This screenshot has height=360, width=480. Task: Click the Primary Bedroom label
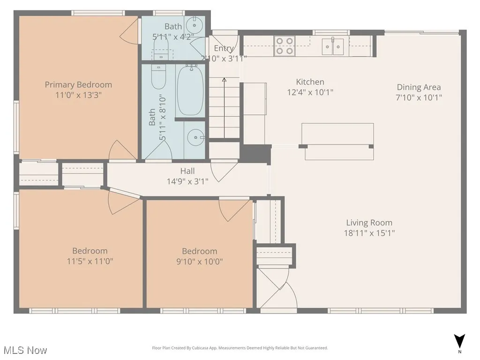78,85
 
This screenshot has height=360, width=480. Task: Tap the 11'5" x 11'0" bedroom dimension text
90,261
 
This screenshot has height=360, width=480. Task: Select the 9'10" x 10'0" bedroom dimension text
199,261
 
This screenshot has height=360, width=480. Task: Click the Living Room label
369,223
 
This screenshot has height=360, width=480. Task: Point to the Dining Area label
419,87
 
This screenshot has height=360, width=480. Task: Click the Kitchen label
310,82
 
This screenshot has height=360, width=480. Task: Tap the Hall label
187,171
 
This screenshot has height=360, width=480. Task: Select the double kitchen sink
332,46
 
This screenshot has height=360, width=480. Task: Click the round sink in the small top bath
194,24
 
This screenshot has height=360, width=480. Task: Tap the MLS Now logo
24,350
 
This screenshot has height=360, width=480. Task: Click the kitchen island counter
337,135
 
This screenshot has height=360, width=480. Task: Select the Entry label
224,48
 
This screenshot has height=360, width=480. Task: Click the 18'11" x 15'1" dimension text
369,233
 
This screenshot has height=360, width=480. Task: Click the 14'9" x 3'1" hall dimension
187,181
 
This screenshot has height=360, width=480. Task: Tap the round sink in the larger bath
194,137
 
